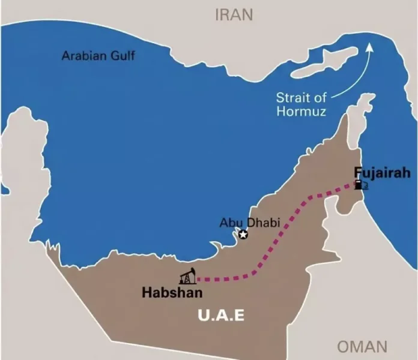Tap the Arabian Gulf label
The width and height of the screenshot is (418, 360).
[98, 57]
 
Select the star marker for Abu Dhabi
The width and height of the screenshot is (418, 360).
[243, 235]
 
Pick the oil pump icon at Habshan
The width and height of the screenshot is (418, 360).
[187, 276]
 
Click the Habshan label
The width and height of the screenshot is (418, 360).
[172, 293]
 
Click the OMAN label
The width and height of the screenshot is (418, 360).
[362, 346]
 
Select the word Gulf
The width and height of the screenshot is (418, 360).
[123, 57]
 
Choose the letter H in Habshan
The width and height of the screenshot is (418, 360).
[146, 293]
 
